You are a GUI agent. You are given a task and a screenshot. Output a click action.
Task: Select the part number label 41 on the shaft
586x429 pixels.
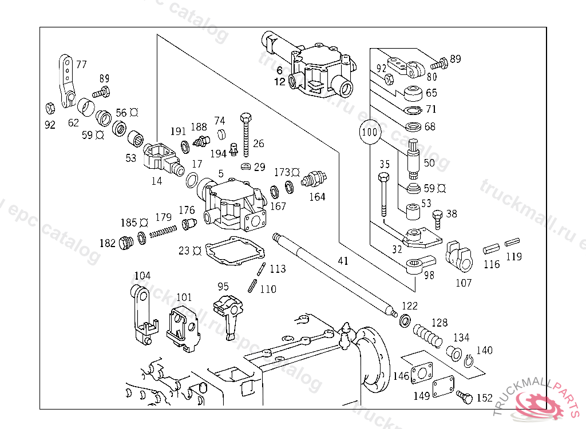click(x=343, y=261)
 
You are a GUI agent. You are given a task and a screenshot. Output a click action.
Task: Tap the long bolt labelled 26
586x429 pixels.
click(x=246, y=135)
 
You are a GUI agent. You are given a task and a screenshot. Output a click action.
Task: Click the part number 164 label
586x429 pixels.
click(x=317, y=197)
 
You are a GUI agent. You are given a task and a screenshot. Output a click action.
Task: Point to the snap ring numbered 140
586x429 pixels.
click(x=468, y=362)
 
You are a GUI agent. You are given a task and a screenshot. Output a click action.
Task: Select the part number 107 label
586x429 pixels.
click(x=464, y=283)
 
